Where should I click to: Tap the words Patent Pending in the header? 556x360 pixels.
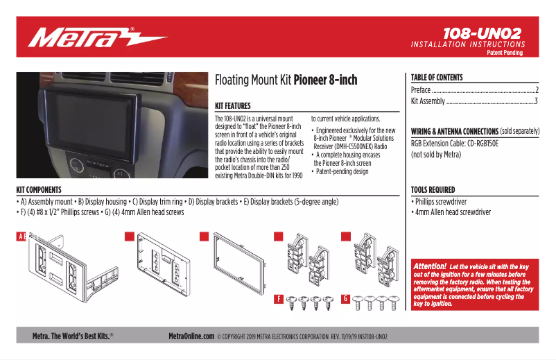point(505,53)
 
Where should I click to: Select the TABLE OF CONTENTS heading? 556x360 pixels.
point(437,78)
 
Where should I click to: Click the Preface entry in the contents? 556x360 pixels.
point(421,90)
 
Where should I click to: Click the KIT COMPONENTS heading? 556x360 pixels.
point(39,189)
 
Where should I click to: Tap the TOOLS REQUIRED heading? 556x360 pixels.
point(433,189)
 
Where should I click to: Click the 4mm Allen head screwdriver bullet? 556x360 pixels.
point(451,213)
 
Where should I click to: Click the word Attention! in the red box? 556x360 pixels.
point(429,266)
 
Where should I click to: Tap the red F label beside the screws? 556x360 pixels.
point(277,299)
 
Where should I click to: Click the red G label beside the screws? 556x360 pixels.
point(345,299)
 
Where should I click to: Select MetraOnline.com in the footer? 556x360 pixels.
point(191,336)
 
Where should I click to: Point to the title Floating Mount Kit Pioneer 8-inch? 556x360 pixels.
point(286,80)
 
